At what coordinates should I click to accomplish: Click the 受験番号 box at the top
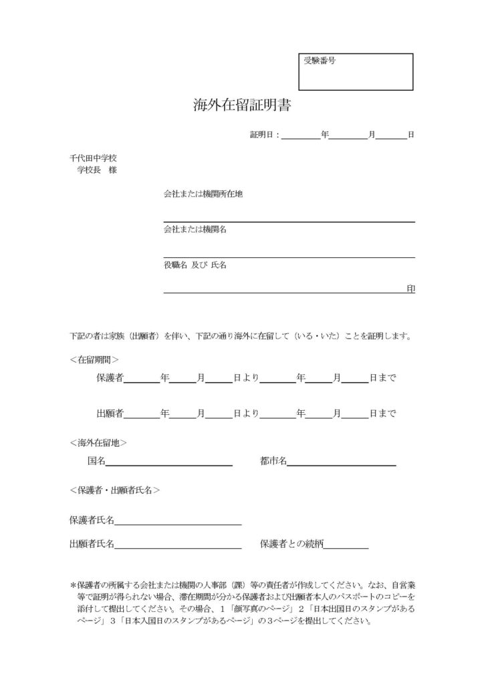(x=356, y=71)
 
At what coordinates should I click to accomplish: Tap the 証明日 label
(x=263, y=135)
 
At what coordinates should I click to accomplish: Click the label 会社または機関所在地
(x=203, y=194)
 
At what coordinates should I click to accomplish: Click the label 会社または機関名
(x=195, y=230)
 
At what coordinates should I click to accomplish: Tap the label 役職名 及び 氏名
(x=195, y=265)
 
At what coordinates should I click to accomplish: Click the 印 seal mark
(x=410, y=289)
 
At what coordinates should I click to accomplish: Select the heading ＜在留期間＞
(x=94, y=359)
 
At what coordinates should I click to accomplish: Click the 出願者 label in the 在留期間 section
(x=110, y=413)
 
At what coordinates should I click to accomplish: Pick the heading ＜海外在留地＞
(x=98, y=442)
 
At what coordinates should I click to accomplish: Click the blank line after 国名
(x=169, y=462)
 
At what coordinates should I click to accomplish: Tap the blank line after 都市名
(x=342, y=462)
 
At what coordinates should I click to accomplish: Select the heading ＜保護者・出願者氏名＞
(x=114, y=490)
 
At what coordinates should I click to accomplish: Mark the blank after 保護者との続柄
(x=346, y=545)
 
